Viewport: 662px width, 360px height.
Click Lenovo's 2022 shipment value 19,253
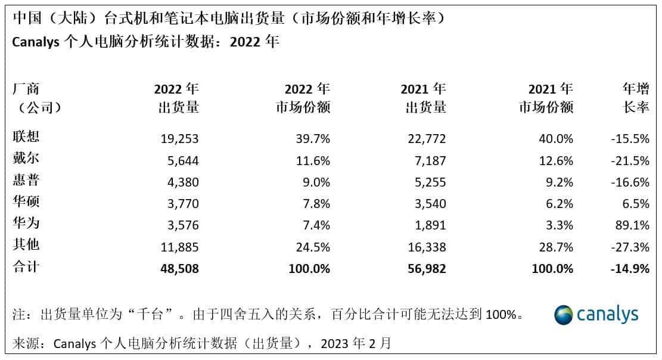click(179, 139)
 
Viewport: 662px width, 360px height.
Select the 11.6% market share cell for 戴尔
click(313, 160)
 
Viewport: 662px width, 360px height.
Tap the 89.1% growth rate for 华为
click(632, 225)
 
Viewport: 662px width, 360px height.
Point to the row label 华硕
click(26, 201)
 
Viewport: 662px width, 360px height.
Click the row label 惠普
click(26, 180)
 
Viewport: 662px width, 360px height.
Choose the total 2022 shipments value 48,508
click(179, 269)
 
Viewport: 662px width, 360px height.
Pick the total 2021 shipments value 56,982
click(427, 269)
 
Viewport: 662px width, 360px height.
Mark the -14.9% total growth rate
click(630, 269)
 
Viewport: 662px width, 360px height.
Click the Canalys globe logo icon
click(564, 315)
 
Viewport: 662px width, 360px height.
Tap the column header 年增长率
click(636, 98)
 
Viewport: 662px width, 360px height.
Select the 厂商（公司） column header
click(37, 98)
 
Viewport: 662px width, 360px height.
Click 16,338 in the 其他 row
click(427, 247)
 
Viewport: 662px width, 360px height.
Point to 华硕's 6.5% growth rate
click(636, 204)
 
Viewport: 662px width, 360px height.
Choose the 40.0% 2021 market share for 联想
click(556, 139)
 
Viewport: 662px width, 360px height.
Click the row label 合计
click(26, 266)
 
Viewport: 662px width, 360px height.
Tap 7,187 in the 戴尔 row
click(430, 160)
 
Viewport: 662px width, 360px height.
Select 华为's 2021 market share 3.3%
click(560, 225)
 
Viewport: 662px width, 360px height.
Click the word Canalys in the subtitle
click(36, 42)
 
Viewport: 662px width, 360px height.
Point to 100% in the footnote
click(501, 314)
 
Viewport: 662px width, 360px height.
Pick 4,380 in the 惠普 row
click(183, 182)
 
